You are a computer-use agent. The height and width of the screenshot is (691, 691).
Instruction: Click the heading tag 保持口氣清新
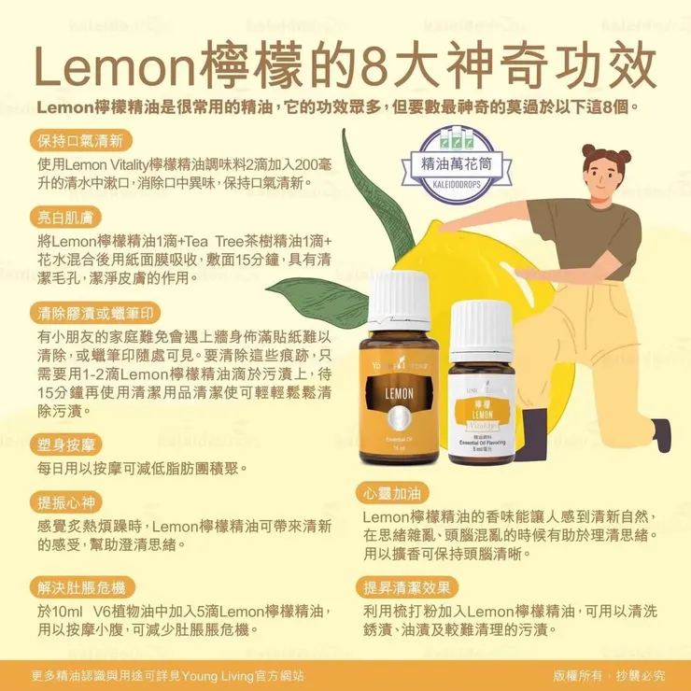tap(81, 141)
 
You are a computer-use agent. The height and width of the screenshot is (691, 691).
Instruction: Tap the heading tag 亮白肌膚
tap(65, 218)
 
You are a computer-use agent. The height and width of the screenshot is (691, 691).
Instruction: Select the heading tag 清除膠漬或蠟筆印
tap(95, 313)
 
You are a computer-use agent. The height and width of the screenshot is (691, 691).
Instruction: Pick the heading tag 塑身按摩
tap(66, 444)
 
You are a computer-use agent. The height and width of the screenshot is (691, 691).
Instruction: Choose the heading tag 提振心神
tap(66, 502)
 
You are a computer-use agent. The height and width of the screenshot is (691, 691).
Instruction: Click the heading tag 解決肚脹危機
tap(82, 587)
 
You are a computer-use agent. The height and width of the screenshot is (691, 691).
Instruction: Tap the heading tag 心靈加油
tap(392, 493)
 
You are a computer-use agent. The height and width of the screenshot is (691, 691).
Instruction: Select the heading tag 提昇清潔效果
tap(407, 587)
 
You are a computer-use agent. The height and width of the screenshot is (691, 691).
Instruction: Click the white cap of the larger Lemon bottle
tap(399, 301)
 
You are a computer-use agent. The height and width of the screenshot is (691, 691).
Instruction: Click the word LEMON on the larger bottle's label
tap(400, 393)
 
